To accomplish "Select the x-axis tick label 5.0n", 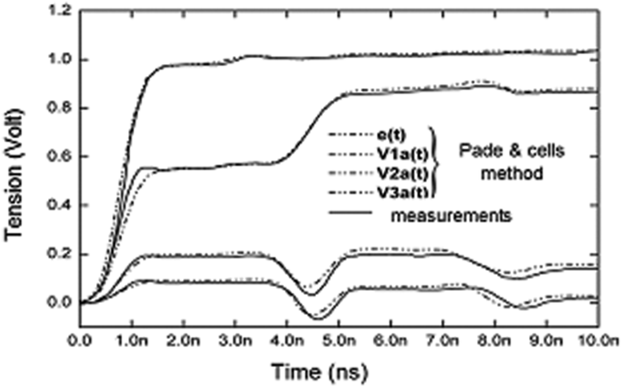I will [339, 342].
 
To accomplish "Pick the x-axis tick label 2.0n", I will [184, 342].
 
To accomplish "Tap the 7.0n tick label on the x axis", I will [443, 342].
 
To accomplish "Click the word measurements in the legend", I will [451, 216].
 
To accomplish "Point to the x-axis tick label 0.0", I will [80, 342].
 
